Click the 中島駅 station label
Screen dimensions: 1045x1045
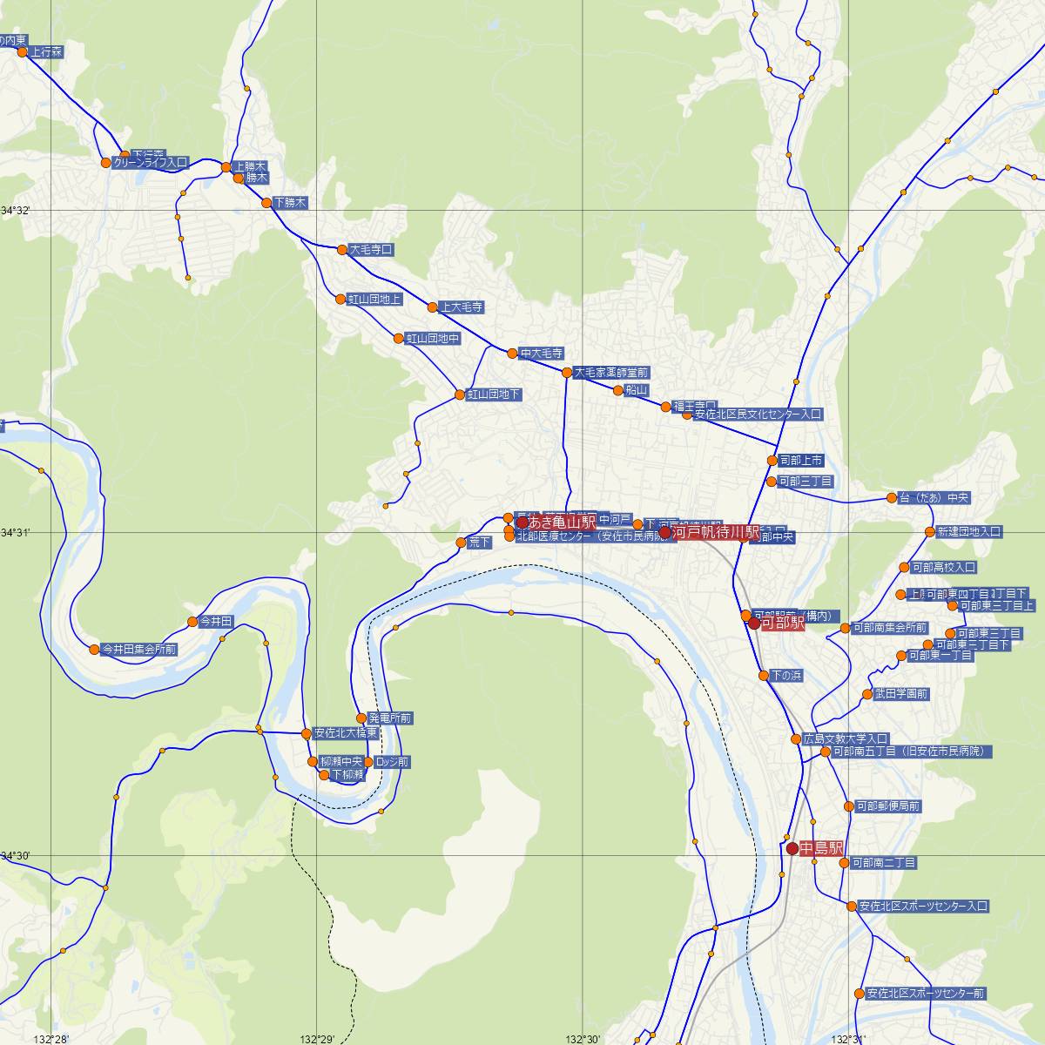pos(821,848)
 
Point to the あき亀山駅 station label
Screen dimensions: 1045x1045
pos(563,522)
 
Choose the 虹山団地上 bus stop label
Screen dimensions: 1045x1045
pos(375,300)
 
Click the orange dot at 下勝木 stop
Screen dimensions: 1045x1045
pos(267,203)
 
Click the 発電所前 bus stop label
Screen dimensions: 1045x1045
pos(390,718)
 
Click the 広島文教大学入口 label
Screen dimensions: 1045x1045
pos(846,738)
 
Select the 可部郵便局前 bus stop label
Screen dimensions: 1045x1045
pos(887,806)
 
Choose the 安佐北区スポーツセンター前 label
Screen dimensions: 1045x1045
pos(925,994)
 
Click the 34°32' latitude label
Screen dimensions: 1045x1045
pos(15,211)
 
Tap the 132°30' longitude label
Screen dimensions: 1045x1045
pos(583,1039)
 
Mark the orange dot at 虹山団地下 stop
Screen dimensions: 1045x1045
pos(460,395)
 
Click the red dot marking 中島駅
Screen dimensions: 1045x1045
pos(792,848)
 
